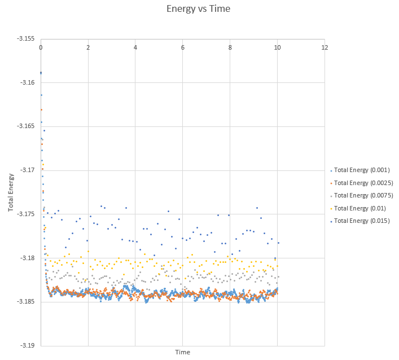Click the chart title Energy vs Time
(198, 9)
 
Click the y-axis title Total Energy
(11, 192)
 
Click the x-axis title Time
(182, 352)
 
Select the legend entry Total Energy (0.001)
(363, 170)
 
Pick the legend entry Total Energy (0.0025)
(363, 183)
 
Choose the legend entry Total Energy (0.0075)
(363, 195)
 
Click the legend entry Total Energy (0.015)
(361, 221)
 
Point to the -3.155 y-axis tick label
(26, 39)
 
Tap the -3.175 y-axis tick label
(26, 214)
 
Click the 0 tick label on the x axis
(41, 47)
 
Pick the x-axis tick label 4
(135, 47)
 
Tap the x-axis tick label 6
(183, 47)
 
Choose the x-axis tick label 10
(277, 47)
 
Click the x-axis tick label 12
(325, 47)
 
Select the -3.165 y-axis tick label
(26, 126)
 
